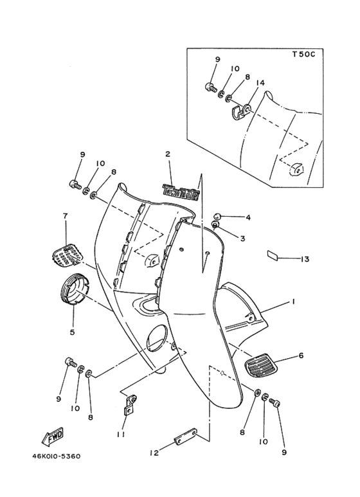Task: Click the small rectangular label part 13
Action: [x=273, y=255]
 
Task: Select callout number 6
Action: [x=300, y=355]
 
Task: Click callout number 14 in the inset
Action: [x=260, y=84]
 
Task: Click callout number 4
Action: [x=248, y=218]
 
